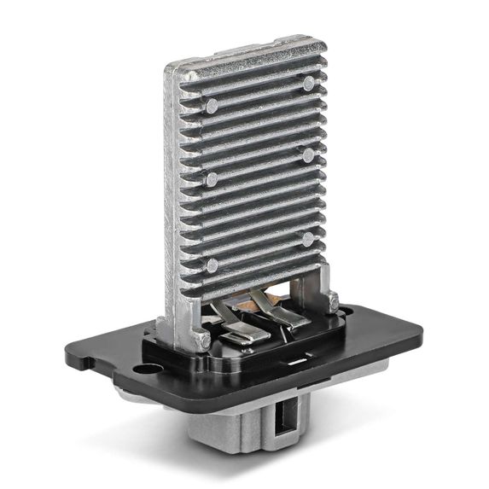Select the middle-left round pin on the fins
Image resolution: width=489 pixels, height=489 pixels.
pyautogui.click(x=212, y=179)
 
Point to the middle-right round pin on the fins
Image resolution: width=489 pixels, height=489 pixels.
pyautogui.click(x=308, y=156)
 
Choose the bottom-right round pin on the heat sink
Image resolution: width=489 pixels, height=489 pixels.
pyautogui.click(x=307, y=239)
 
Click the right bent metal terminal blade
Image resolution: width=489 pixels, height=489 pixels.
pyautogui.click(x=282, y=316)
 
